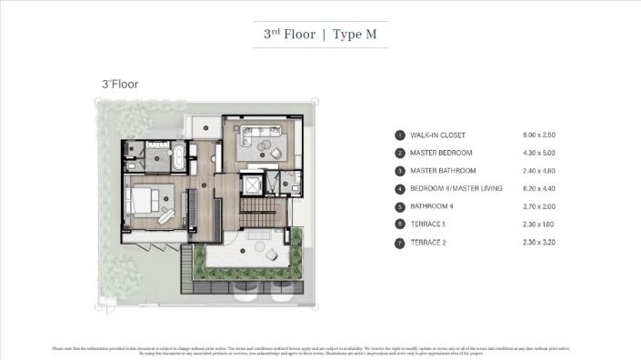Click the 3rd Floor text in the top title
[x=289, y=35]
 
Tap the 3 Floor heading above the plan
[x=119, y=84]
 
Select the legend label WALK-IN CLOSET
[x=436, y=135]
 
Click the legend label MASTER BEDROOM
[x=440, y=153]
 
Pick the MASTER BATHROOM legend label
[x=443, y=170]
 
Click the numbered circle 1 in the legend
[x=398, y=135]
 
